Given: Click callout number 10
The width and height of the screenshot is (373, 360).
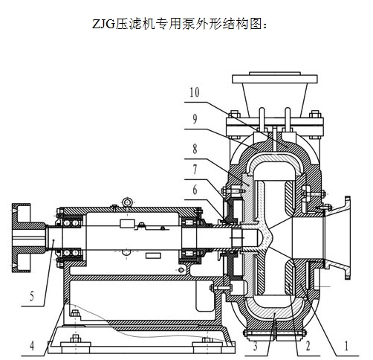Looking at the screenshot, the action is click(x=195, y=92).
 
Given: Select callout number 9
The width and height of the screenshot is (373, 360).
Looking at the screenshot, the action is click(x=195, y=119).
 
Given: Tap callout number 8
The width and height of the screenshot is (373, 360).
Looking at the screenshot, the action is click(x=195, y=149).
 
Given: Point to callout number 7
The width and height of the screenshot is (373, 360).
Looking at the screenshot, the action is click(x=195, y=170).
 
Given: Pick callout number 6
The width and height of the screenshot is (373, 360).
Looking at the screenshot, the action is click(x=195, y=190).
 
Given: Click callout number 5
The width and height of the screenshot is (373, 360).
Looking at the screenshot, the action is click(x=32, y=296).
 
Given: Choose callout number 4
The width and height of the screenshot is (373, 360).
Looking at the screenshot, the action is click(x=32, y=346).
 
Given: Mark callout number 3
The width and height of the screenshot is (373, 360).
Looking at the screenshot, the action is click(x=256, y=346).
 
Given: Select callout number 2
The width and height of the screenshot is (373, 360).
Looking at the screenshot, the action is click(x=308, y=346).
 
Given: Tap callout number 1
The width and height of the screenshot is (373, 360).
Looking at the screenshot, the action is click(x=346, y=346).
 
